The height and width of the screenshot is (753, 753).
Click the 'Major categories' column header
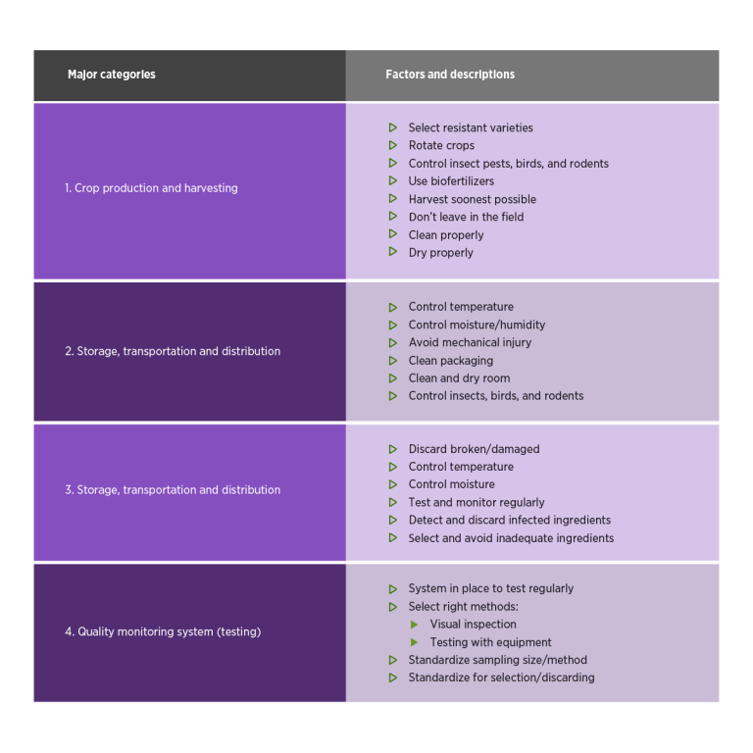tap(112, 75)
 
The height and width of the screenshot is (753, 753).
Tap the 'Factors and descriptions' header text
tap(450, 75)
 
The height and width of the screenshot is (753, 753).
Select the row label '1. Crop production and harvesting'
tap(151, 188)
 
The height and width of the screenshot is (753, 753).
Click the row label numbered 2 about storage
tap(173, 351)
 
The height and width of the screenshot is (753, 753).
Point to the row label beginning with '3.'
tap(173, 490)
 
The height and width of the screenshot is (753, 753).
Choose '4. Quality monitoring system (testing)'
tap(163, 631)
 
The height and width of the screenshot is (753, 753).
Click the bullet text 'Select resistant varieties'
tap(471, 127)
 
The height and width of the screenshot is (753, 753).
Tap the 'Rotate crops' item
tap(441, 145)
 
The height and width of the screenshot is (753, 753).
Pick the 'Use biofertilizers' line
tap(451, 181)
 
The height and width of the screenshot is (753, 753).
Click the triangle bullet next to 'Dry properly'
tap(393, 252)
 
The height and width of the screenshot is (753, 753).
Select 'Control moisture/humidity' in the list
tap(477, 326)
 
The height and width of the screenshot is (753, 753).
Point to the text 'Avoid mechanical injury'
tap(470, 342)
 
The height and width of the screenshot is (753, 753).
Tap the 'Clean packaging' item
tap(450, 361)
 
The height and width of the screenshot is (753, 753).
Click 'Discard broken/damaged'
tap(474, 449)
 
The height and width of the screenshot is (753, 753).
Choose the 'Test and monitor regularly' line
tap(477, 502)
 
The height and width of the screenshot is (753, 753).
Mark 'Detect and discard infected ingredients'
tap(510, 520)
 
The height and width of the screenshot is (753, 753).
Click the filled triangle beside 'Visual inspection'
tap(414, 625)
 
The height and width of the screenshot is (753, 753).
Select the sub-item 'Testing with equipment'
tap(490, 642)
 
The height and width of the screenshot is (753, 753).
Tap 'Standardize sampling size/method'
tap(497, 660)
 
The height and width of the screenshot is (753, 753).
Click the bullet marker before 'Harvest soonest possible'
tap(393, 198)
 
